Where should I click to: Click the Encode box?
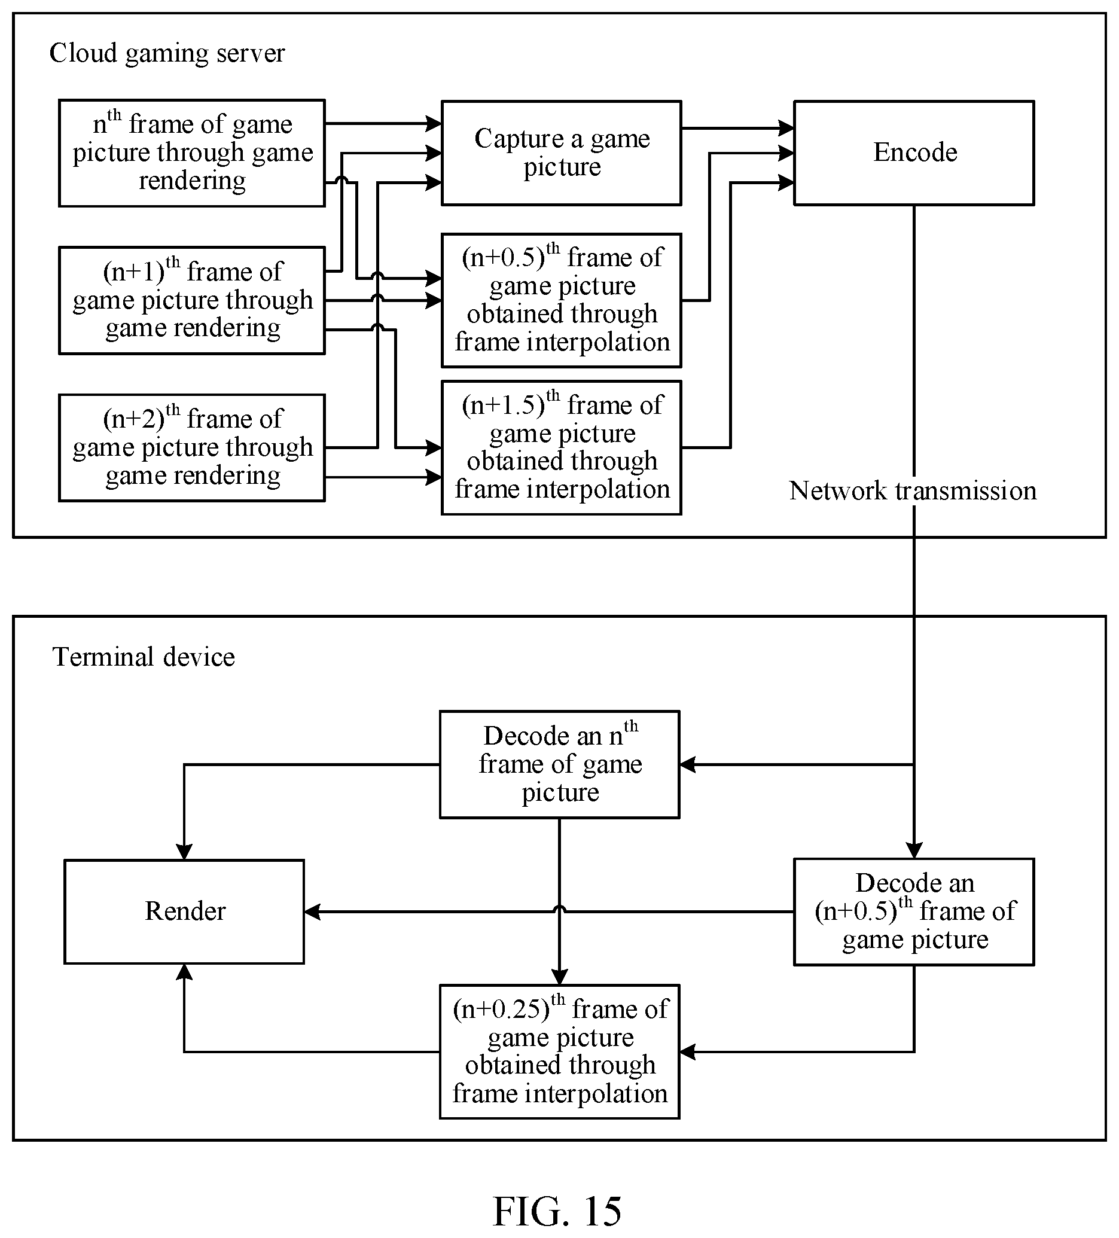(x=914, y=153)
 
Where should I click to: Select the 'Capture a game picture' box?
(x=562, y=153)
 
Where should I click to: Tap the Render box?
(x=184, y=911)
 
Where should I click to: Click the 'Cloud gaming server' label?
(x=167, y=53)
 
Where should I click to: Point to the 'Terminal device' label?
(x=144, y=657)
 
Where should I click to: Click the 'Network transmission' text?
(x=913, y=490)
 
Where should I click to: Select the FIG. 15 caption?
(x=557, y=1210)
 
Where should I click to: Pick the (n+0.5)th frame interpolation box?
(x=562, y=300)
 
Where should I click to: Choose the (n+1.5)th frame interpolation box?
(x=562, y=448)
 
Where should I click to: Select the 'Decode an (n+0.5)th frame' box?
(x=914, y=912)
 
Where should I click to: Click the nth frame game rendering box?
(x=191, y=153)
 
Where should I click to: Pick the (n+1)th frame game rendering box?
(x=191, y=300)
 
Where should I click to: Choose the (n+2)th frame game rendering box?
(x=191, y=448)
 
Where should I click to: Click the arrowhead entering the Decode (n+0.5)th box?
(x=914, y=850)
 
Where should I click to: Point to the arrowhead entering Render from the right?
(x=313, y=912)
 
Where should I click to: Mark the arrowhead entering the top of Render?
(x=184, y=852)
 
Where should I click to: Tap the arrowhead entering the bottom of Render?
(x=184, y=972)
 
